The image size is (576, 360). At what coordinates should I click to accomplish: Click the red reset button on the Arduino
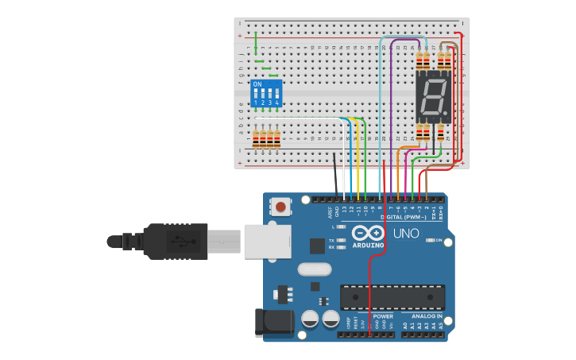tap(280, 207)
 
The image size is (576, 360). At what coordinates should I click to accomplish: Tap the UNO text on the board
tap(406, 234)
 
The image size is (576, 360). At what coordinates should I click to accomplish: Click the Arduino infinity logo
tap(369, 234)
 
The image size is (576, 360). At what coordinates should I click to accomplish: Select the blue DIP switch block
tap(266, 92)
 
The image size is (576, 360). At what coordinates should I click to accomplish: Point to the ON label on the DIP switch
tap(257, 83)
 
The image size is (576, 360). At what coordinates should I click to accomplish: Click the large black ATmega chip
tap(392, 297)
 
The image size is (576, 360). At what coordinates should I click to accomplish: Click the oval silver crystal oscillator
tap(315, 269)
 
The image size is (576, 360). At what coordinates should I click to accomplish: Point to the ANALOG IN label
tap(427, 316)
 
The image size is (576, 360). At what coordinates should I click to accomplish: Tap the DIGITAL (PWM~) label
tap(403, 217)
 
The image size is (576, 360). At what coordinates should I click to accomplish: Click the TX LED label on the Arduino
tap(331, 239)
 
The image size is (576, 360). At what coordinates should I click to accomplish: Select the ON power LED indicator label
tap(439, 239)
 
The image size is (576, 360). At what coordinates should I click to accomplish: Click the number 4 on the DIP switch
tap(276, 103)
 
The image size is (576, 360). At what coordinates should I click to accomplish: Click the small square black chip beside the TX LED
tap(317, 246)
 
